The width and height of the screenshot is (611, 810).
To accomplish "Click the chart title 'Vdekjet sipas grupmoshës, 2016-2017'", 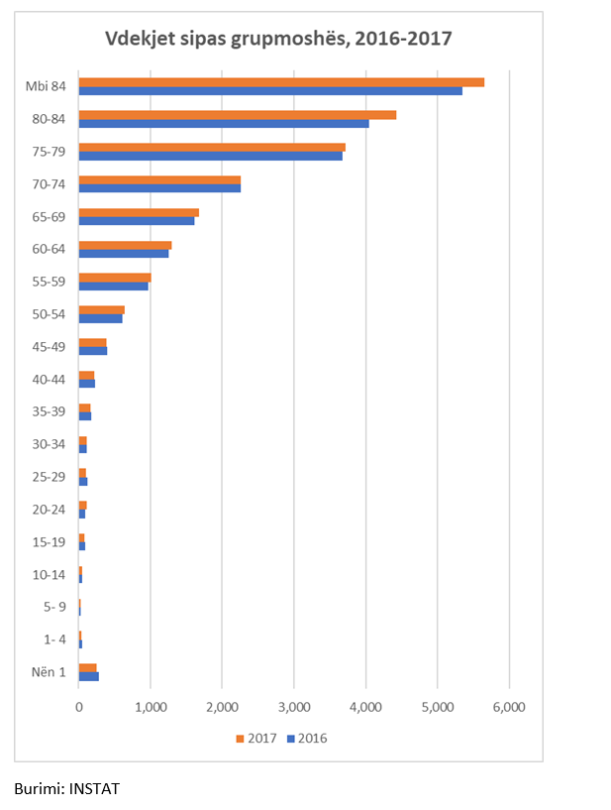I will [279, 39].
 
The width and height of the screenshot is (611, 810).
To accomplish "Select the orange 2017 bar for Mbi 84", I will [281, 82].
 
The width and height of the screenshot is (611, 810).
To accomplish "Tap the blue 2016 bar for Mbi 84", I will [270, 91].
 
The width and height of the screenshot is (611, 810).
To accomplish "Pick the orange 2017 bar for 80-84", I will [238, 115].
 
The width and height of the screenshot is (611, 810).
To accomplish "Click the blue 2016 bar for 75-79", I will [211, 156].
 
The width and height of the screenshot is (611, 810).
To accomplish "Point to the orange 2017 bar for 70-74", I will [159, 179].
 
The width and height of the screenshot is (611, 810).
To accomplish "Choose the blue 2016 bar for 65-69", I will [137, 220].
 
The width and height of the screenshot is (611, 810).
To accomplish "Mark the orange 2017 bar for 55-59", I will [115, 277].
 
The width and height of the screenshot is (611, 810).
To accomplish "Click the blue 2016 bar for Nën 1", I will [89, 677].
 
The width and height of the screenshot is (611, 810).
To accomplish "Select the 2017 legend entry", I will [256, 739].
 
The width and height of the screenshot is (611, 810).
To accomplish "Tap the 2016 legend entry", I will [306, 739].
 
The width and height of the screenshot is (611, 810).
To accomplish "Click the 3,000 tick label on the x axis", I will [293, 708].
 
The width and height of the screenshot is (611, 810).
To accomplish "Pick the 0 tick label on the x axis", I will [79, 708].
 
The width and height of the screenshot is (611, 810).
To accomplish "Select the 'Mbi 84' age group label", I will [46, 86].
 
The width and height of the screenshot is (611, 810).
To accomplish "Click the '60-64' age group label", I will [49, 249].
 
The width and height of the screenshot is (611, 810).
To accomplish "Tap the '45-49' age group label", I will [49, 346].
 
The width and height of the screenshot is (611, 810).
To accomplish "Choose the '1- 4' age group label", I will [51, 639].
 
